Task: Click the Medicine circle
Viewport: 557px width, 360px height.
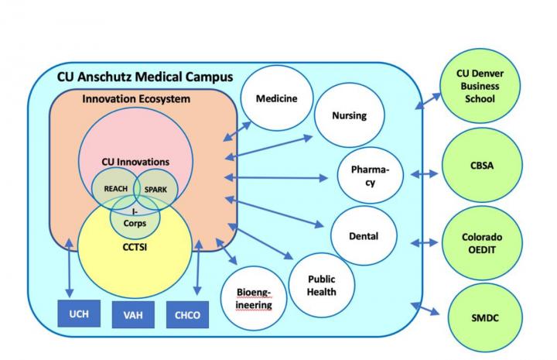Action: [x=277, y=99]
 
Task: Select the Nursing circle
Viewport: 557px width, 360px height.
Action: [x=348, y=117]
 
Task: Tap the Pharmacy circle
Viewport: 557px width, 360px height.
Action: [x=370, y=174]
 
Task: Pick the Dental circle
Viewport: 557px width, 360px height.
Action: [x=364, y=235]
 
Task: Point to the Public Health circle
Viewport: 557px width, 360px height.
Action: [x=321, y=284]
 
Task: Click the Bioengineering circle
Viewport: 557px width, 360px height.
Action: [x=253, y=298]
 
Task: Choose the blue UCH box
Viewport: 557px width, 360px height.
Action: [x=79, y=314]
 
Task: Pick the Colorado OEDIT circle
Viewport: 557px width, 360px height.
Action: [x=480, y=243]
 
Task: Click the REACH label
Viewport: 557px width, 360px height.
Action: [x=114, y=187]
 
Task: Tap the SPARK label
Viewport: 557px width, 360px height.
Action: [x=157, y=187]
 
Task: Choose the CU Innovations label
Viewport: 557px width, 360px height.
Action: [x=135, y=162]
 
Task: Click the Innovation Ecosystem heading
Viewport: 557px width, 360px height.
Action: [x=136, y=100]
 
